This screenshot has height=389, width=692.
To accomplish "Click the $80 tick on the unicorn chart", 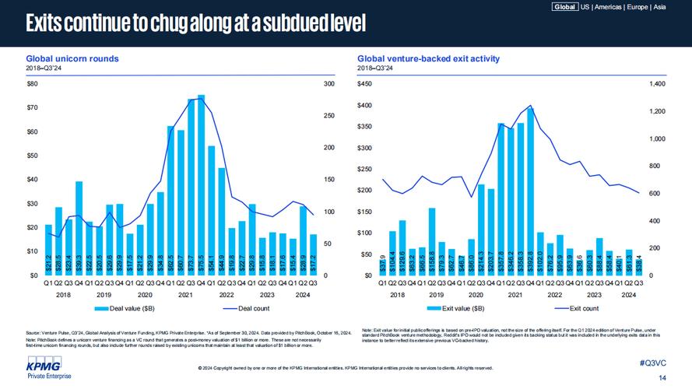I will [x=32, y=83].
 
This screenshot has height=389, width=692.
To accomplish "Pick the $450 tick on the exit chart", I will [x=365, y=83].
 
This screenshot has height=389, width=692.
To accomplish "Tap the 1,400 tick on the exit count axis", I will [x=658, y=83].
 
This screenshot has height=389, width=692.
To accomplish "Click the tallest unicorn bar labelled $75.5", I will [x=201, y=187].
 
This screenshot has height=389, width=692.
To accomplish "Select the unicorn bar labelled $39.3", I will [x=79, y=230].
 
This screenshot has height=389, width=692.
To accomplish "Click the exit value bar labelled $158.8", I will [x=432, y=242].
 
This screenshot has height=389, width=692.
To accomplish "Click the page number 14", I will [x=662, y=378].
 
